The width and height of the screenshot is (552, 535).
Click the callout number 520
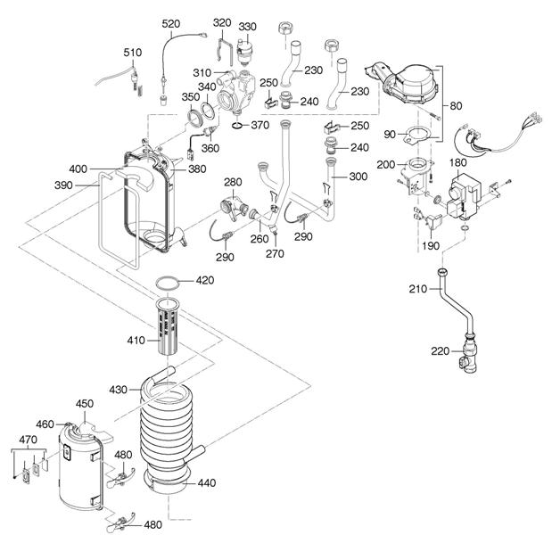coord(170,22)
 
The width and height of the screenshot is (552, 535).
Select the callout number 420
coord(205,280)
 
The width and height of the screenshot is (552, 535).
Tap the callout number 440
coord(207,482)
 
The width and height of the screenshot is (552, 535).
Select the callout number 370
coord(260,125)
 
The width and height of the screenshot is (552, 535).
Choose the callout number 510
coord(132,53)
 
